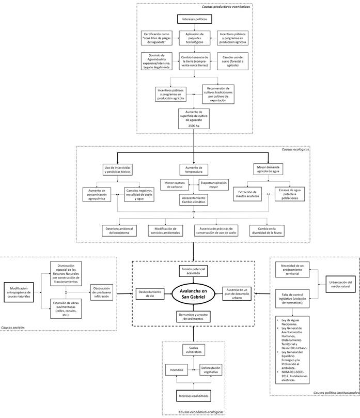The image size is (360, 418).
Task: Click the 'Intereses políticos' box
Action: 194,19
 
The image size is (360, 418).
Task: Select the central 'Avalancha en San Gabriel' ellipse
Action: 194,292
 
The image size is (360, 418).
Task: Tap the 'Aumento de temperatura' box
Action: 193,169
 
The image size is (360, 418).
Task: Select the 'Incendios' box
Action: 175,370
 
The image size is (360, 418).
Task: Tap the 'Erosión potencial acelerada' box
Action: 194,271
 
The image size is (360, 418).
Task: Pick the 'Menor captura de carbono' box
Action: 176,184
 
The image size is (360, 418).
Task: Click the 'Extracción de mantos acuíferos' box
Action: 248,194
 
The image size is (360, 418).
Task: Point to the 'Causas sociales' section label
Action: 14,327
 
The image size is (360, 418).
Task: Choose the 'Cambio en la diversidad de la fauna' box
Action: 269,230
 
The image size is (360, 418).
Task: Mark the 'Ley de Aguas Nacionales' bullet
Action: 293,322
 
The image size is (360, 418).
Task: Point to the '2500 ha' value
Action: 194,126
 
